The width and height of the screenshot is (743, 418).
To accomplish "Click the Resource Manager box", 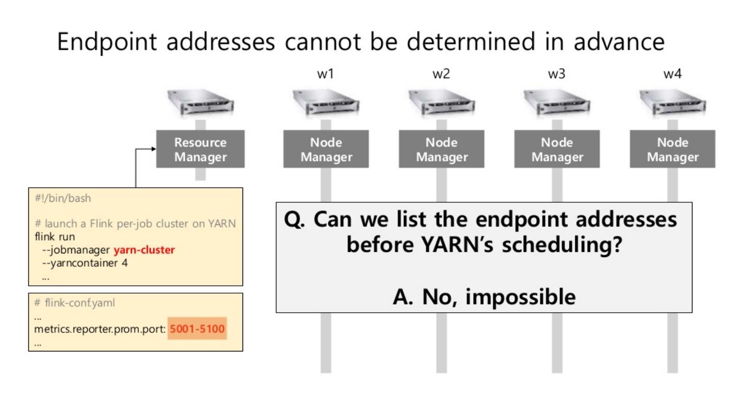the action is pyautogui.click(x=200, y=149).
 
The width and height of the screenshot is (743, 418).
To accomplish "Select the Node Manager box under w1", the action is pyautogui.click(x=326, y=149).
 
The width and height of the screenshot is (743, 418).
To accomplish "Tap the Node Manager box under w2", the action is pyautogui.click(x=442, y=149).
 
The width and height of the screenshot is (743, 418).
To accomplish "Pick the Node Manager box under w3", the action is pyautogui.click(x=557, y=149).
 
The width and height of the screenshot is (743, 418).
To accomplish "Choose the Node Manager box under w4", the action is pyautogui.click(x=673, y=149).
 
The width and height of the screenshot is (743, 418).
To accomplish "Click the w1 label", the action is pyautogui.click(x=326, y=74).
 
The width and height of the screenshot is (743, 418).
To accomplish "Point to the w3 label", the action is pyautogui.click(x=557, y=74).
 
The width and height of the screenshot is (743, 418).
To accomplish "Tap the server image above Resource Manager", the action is pyautogui.click(x=200, y=102).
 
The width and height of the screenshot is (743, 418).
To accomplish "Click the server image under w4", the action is pyautogui.click(x=673, y=102).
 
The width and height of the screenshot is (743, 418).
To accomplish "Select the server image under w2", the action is pyautogui.click(x=442, y=102).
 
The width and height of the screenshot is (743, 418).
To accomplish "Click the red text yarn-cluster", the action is pyautogui.click(x=144, y=250).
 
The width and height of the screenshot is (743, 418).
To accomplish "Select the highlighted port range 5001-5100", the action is pyautogui.click(x=197, y=329).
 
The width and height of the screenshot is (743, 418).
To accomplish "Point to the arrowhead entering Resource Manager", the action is pyautogui.click(x=154, y=149).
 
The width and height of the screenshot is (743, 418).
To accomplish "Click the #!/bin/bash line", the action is pyautogui.click(x=63, y=198).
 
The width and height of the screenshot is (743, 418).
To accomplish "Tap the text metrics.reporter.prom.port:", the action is pyautogui.click(x=100, y=329).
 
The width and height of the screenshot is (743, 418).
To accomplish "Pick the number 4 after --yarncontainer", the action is pyautogui.click(x=125, y=263).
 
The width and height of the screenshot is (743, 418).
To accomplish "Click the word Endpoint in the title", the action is pyautogui.click(x=107, y=42).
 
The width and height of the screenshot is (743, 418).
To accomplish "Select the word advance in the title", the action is pyautogui.click(x=619, y=42).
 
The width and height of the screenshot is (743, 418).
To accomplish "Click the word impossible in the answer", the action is pyautogui.click(x=521, y=297).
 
